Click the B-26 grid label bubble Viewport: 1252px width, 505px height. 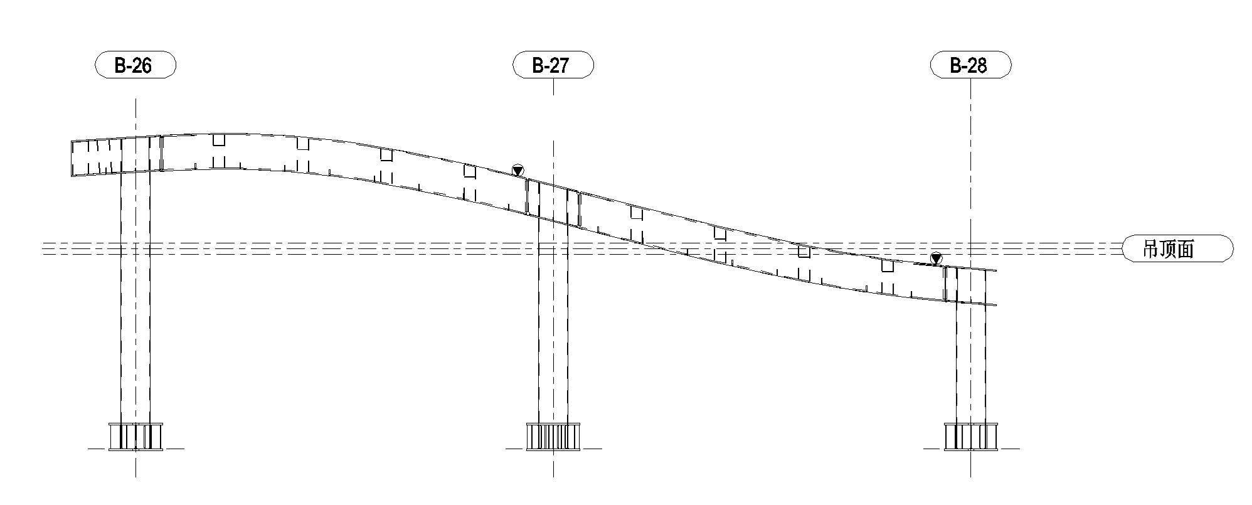click(135, 65)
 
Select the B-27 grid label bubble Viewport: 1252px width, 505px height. click(553, 65)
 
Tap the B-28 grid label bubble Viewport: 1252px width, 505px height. click(970, 65)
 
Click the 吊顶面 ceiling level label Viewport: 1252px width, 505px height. click(1177, 249)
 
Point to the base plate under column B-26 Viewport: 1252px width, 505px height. click(135, 437)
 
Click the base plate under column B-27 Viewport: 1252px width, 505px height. click(553, 437)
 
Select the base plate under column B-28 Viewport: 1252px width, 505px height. click(970, 437)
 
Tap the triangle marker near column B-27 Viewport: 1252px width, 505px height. click(517, 170)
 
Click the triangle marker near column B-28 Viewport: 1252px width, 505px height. click(936, 258)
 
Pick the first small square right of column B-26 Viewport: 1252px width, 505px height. click(218, 140)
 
